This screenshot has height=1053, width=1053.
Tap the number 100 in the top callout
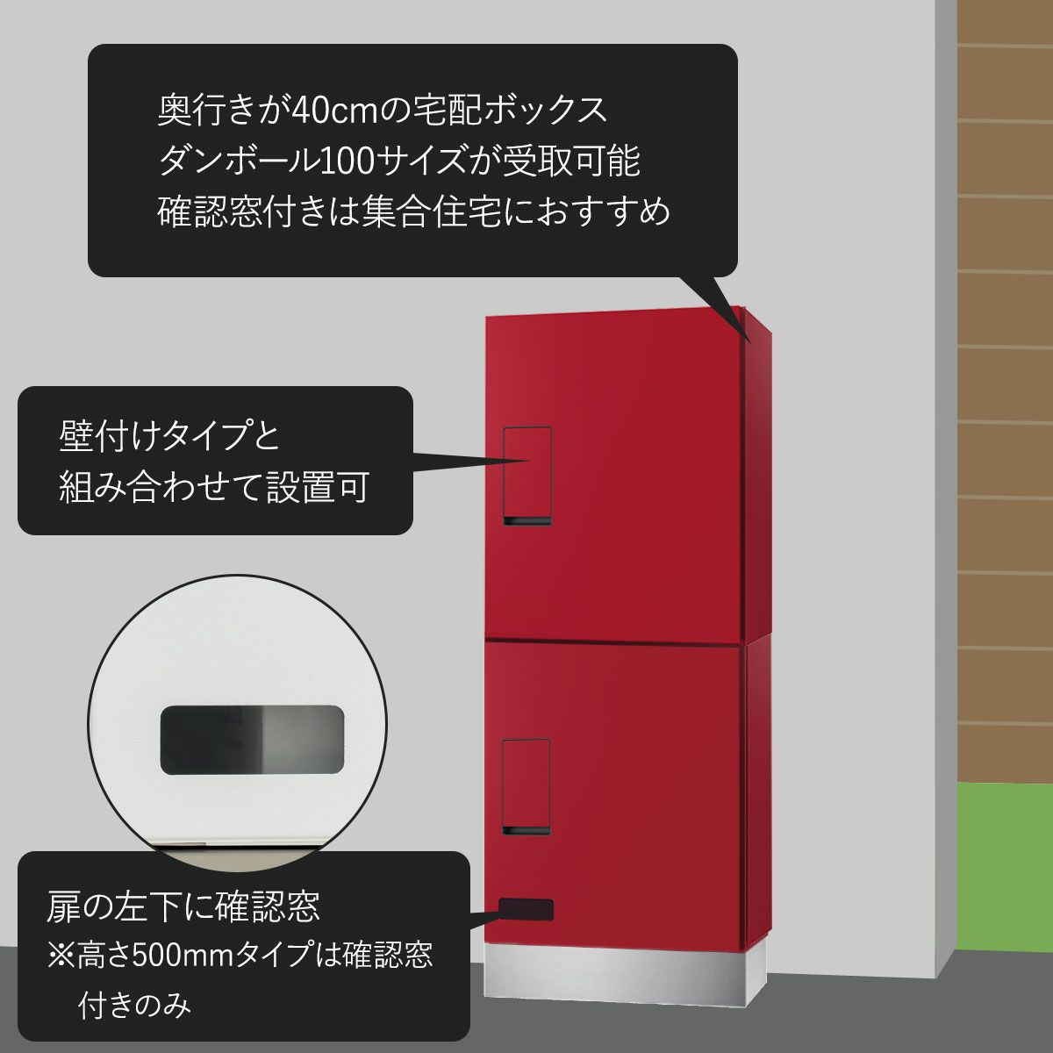(x=344, y=161)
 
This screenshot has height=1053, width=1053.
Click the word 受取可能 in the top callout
(x=571, y=161)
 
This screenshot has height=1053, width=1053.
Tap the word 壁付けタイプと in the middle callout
(x=168, y=435)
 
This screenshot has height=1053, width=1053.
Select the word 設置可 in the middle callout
(x=317, y=486)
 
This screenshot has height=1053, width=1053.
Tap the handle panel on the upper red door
(x=527, y=476)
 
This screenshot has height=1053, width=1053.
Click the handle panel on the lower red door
(x=526, y=786)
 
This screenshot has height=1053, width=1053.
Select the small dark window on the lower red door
(x=526, y=910)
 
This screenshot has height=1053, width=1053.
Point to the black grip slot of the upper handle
(x=527, y=520)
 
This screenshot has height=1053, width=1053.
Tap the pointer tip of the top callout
(x=752, y=342)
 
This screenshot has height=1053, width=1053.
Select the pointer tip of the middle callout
(x=531, y=461)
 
